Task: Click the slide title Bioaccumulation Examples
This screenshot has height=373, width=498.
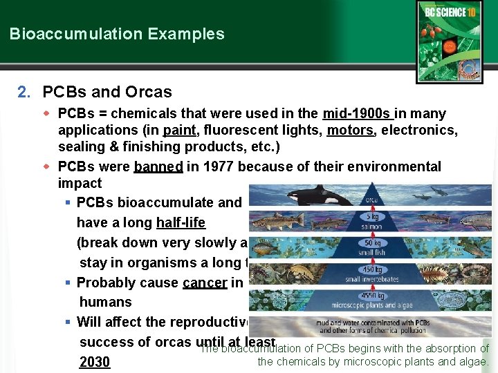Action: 117,34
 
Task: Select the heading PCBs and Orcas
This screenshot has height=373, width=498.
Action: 107,92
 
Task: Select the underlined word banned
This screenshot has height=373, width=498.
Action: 158,166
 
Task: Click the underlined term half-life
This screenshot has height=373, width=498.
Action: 181,222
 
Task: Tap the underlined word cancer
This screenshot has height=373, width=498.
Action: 205,283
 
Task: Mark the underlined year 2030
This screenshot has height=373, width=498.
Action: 95,362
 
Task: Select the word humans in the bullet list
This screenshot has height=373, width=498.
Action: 105,302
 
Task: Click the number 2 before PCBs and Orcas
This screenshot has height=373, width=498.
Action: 24,92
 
